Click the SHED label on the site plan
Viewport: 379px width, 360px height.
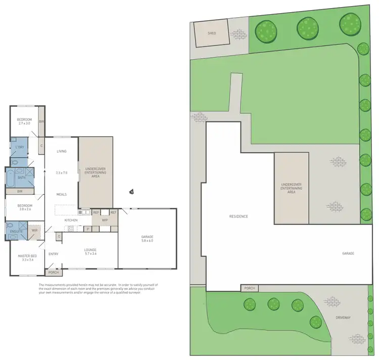(212, 34)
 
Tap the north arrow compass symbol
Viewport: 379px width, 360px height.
(131, 192)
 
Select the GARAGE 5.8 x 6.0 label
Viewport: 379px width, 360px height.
(147, 239)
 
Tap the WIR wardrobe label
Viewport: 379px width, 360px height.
(34, 230)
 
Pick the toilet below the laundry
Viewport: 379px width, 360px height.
(15, 162)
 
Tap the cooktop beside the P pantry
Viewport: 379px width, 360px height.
(71, 229)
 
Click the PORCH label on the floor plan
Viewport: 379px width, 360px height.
(53, 273)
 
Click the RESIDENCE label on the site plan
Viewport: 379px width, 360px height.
(239, 216)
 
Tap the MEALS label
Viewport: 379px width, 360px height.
(62, 194)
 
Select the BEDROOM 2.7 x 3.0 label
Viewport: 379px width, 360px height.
(24, 121)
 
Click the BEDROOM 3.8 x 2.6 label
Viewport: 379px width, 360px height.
(25, 207)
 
